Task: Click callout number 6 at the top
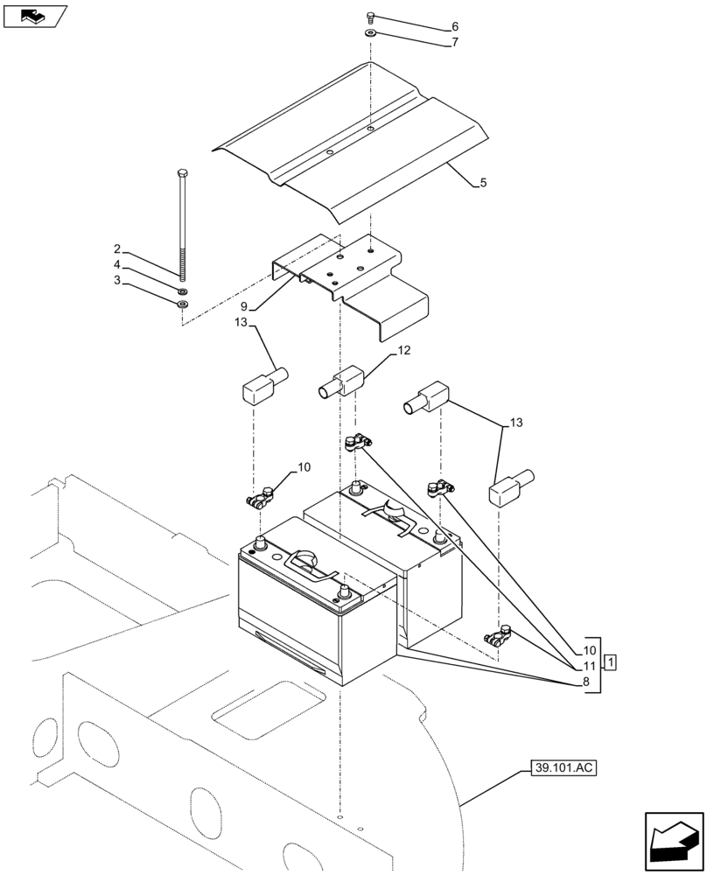pos(455,27)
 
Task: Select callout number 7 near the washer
pos(455,42)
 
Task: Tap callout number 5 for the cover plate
pos(483,184)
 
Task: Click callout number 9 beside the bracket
pos(244,307)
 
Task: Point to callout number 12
pos(403,350)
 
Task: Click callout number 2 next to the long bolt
pos(116,249)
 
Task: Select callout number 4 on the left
pos(116,265)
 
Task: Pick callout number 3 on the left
pos(116,281)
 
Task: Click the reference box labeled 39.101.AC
pos(562,769)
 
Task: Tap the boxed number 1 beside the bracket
pos(611,661)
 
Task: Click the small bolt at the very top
pos(371,17)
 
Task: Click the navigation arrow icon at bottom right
pos(673,842)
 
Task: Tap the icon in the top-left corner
pos(35,16)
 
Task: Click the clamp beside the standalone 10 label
pos(259,501)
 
